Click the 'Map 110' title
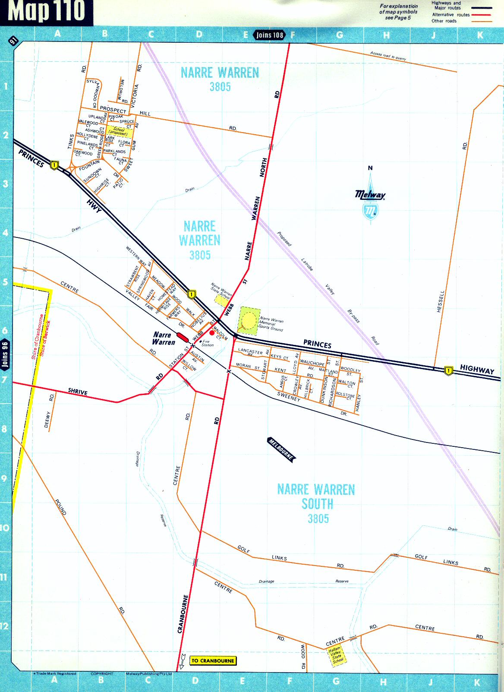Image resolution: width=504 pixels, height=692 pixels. [x=46, y=12]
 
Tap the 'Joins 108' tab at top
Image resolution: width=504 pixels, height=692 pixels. [x=270, y=35]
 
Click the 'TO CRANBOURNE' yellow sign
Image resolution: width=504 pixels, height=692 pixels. [x=213, y=660]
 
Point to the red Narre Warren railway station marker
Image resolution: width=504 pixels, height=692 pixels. [x=182, y=337]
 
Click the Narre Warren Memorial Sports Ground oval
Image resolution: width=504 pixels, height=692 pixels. [x=249, y=320]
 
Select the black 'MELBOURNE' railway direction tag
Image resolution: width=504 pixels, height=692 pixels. [x=281, y=449]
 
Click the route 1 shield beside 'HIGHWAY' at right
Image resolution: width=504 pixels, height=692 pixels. [x=449, y=370]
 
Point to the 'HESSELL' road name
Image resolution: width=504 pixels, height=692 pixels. [x=440, y=301]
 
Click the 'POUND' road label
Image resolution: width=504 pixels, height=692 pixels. [x=61, y=507]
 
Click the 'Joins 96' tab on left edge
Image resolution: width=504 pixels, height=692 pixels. [x=5, y=354]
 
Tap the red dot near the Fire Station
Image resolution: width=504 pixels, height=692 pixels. [x=212, y=333]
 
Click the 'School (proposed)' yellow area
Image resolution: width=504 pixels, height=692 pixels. [x=119, y=131]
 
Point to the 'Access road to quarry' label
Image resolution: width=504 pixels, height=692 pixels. [x=387, y=56]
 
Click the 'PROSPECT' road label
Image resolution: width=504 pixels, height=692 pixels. [x=113, y=110]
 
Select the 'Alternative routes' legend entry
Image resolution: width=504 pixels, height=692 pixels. [x=450, y=15]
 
